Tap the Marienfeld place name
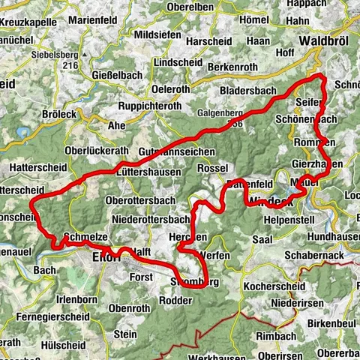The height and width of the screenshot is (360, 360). [92, 20]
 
